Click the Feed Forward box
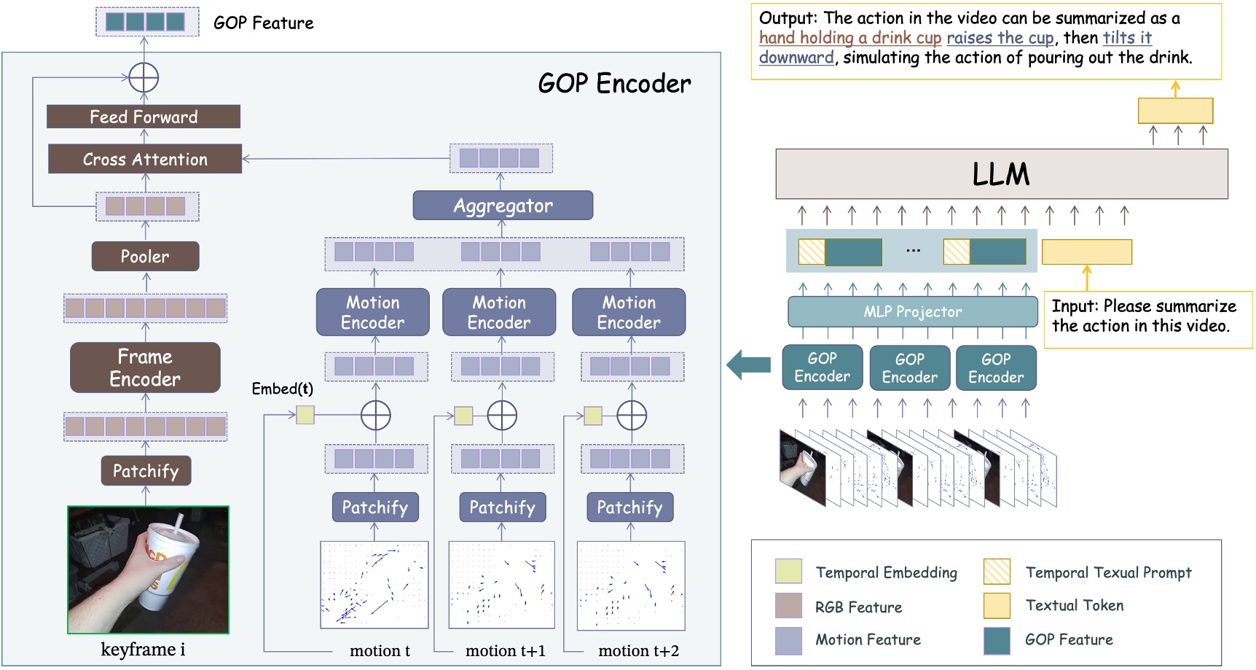[144, 117]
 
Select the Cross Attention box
[144, 159]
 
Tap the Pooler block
[145, 257]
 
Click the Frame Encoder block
[145, 367]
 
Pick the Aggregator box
[503, 206]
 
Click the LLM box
[1001, 174]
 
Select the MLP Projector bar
[912, 312]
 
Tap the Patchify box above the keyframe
[146, 471]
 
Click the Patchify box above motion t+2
[630, 507]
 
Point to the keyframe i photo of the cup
[148, 569]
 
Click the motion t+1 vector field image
[501, 585]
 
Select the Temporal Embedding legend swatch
[788, 572]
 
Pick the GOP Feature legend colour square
[997, 640]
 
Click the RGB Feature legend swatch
[788, 606]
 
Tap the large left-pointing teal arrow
[749, 364]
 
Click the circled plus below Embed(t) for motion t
[376, 416]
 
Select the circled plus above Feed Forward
[144, 77]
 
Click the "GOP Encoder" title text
[614, 84]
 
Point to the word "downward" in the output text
[796, 58]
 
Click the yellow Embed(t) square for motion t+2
[593, 416]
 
